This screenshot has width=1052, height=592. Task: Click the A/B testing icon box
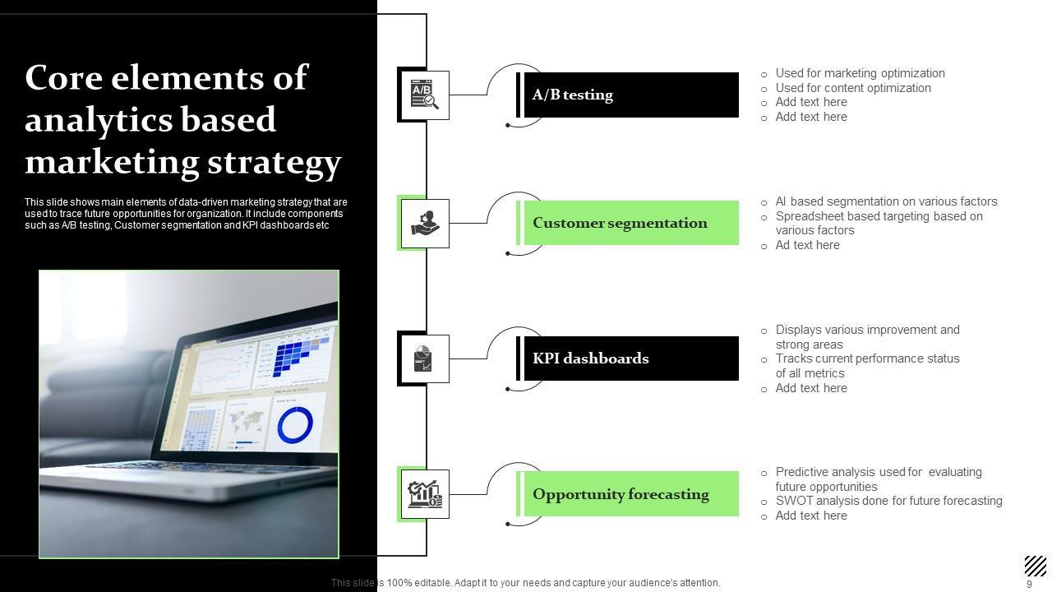pyautogui.click(x=425, y=95)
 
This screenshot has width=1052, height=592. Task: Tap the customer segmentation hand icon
pyautogui.click(x=425, y=223)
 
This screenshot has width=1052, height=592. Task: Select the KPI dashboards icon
pyautogui.click(x=422, y=358)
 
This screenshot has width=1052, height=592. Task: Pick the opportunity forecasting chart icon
pyautogui.click(x=425, y=494)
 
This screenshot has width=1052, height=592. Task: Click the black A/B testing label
pyautogui.click(x=627, y=95)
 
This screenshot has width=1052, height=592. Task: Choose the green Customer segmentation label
pyautogui.click(x=627, y=223)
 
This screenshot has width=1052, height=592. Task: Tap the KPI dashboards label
pyautogui.click(x=627, y=358)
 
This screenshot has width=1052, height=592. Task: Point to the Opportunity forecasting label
pyautogui.click(x=627, y=494)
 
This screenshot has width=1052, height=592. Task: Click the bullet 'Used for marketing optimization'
pyautogui.click(x=860, y=73)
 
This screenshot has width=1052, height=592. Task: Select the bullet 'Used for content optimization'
pyautogui.click(x=853, y=88)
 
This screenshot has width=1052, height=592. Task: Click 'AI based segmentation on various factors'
pyautogui.click(x=886, y=201)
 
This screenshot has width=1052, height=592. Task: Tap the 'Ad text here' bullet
pyautogui.click(x=807, y=245)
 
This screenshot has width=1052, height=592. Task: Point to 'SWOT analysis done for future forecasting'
pyautogui.click(x=888, y=501)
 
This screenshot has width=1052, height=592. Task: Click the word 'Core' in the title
pyautogui.click(x=64, y=77)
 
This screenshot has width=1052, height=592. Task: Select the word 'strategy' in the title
pyautogui.click(x=275, y=163)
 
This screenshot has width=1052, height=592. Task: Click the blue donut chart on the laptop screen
pyautogui.click(x=295, y=425)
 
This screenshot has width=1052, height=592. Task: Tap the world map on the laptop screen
pyautogui.click(x=245, y=421)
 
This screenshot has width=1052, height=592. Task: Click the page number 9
pyautogui.click(x=1029, y=584)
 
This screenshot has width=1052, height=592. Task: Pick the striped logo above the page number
pyautogui.click(x=1036, y=566)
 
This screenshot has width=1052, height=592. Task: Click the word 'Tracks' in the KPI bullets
pyautogui.click(x=792, y=358)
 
